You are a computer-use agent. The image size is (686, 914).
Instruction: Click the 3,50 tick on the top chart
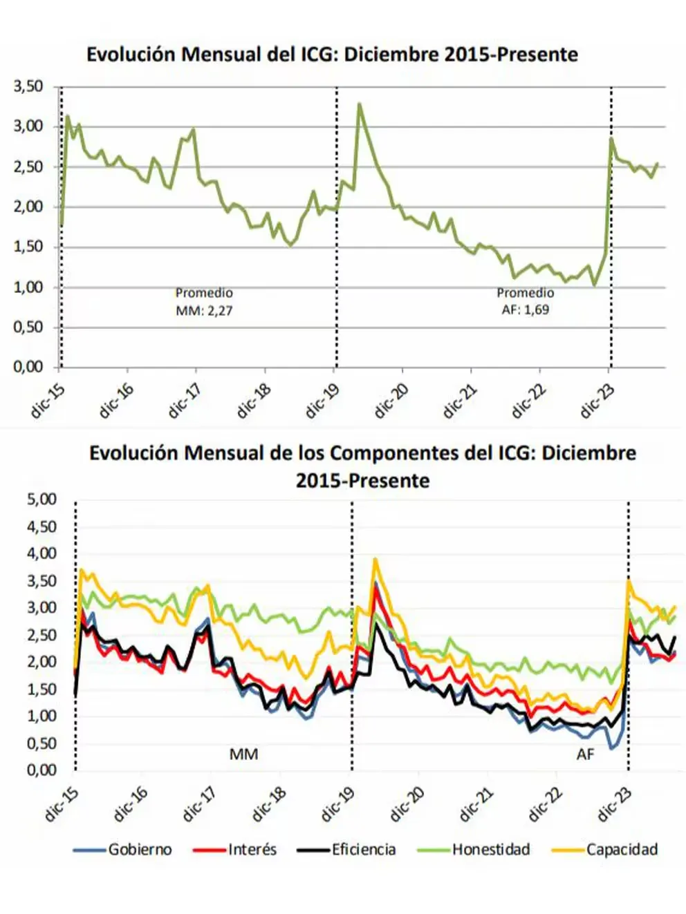pos(28,86)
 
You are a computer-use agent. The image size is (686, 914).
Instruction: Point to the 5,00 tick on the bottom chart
pos(41,499)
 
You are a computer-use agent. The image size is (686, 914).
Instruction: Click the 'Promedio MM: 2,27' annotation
pos(204,302)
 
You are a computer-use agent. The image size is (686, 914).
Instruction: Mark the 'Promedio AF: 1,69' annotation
pos(526,301)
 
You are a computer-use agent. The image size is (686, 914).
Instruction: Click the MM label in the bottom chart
pos(243,754)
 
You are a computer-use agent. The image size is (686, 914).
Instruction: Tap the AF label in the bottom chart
pos(585,754)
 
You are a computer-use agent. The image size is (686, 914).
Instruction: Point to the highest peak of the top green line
pos(359,104)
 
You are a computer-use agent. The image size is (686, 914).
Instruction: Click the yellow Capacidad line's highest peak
pos(376,558)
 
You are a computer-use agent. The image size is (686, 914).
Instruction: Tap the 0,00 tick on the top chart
pos(28,367)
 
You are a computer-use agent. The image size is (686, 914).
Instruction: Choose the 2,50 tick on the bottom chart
pos(41,635)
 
